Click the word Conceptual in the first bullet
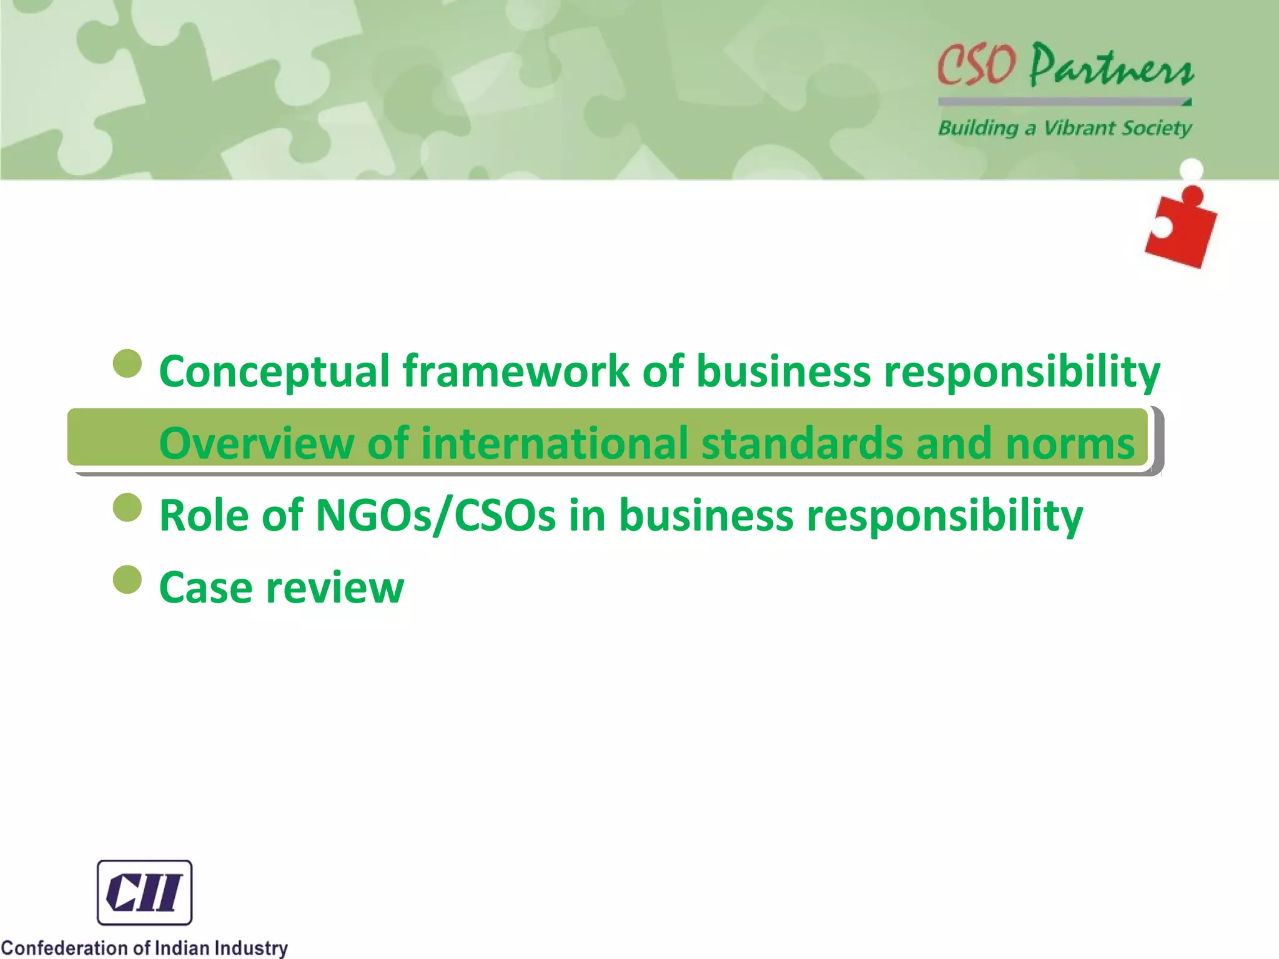click(275, 372)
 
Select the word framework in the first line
click(515, 372)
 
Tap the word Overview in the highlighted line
click(257, 444)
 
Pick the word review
click(335, 588)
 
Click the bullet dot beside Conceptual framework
click(128, 363)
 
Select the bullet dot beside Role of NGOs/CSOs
click(128, 507)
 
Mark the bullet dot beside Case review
click(128, 579)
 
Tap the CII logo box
click(144, 892)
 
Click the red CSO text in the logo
click(975, 65)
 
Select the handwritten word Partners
click(1111, 66)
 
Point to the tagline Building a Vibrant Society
click(1064, 128)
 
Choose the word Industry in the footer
click(251, 948)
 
